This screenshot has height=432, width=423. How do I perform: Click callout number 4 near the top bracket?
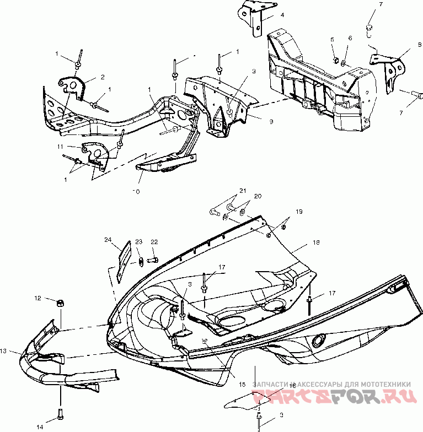pyautogui.click(x=282, y=15)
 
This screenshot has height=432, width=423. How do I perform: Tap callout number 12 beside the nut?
pyautogui.click(x=38, y=298)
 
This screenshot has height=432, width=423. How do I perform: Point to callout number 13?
pyautogui.click(x=4, y=350)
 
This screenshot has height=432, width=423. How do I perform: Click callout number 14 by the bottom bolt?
pyautogui.click(x=40, y=426)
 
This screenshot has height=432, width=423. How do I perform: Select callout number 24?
pyautogui.click(x=108, y=240)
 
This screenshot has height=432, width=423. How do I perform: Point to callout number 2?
pyautogui.click(x=102, y=77)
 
